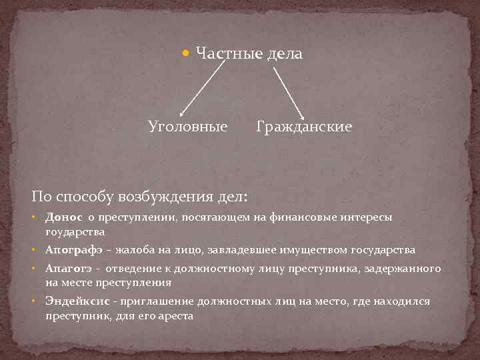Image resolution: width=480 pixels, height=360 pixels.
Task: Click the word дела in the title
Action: point(285,53)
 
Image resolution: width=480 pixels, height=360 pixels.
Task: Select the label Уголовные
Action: point(187,126)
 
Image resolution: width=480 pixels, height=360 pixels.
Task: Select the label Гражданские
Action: point(304,126)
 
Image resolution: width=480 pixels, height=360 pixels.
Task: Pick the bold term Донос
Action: point(64,217)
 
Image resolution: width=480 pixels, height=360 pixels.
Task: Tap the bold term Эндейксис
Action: point(77,301)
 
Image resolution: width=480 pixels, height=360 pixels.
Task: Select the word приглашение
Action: point(153,301)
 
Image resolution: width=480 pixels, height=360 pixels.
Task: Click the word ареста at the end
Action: point(175,316)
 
